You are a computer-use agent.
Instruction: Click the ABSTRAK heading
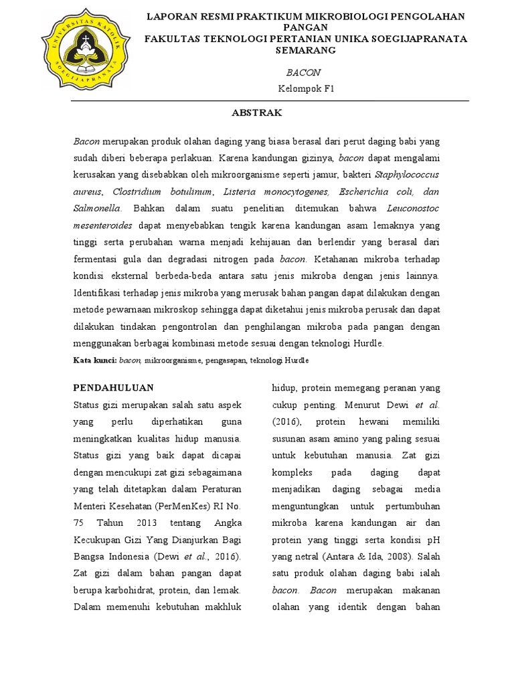257,114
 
